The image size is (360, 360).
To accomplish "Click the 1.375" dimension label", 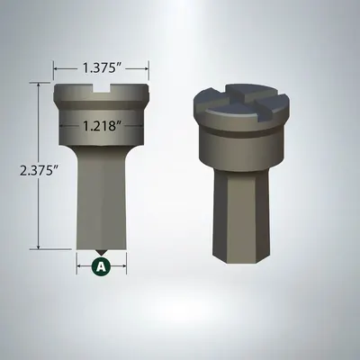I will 102,67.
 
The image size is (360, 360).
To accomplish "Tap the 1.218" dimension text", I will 101,127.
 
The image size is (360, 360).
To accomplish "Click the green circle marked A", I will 102,266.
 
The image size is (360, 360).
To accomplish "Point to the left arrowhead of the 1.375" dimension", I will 57,67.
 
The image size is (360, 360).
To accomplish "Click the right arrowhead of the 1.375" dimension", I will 147,67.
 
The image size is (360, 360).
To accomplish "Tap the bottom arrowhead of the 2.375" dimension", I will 38,246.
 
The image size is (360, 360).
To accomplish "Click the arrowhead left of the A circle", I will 81,266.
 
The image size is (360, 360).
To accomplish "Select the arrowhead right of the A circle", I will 122,266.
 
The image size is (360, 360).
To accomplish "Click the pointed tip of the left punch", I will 102,252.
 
